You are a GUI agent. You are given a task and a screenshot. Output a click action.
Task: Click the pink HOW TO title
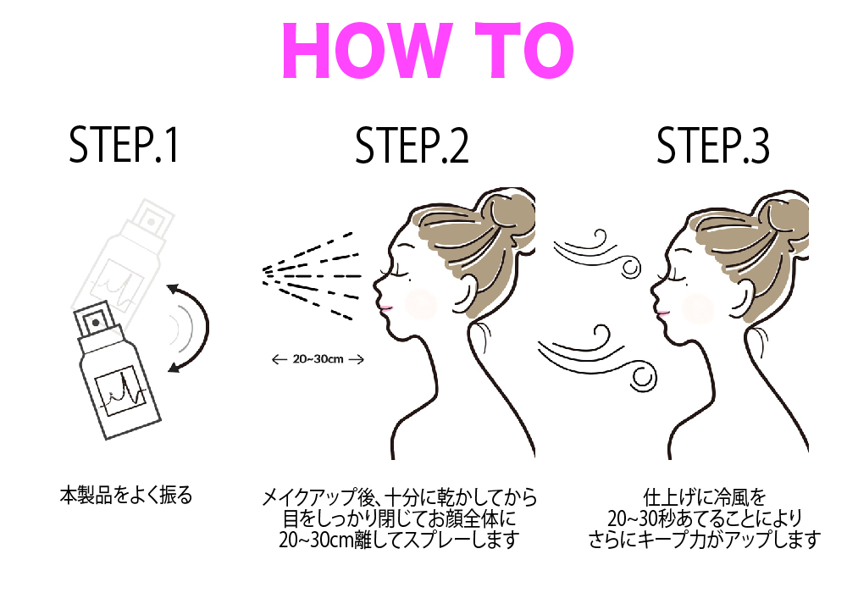(427, 52)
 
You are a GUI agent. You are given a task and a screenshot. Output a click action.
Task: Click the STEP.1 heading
(124, 145)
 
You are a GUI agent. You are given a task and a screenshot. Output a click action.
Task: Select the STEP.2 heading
(412, 145)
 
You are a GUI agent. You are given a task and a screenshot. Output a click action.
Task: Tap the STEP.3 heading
(712, 145)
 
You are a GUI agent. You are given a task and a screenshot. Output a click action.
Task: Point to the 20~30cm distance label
(318, 359)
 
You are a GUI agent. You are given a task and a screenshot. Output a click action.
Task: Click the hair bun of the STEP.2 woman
(507, 215)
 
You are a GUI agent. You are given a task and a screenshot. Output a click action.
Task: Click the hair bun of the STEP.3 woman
(783, 216)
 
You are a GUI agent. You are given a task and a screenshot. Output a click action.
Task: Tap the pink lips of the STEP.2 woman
(386, 308)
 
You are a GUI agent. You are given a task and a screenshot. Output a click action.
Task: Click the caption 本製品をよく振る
(126, 496)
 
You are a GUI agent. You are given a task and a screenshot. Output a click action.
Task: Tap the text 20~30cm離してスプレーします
(399, 540)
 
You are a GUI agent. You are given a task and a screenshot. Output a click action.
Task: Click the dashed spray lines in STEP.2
(312, 275)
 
